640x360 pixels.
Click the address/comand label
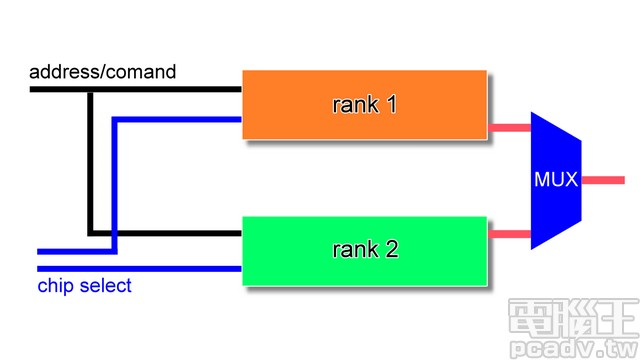pyautogui.click(x=103, y=72)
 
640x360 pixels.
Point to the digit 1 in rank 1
pyautogui.click(x=391, y=104)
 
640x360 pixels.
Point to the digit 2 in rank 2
pyautogui.click(x=392, y=249)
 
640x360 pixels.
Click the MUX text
pyautogui.click(x=556, y=181)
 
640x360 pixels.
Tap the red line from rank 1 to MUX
pyautogui.click(x=508, y=128)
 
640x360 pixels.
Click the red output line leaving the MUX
pyautogui.click(x=603, y=181)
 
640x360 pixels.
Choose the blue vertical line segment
pyautogui.click(x=115, y=185)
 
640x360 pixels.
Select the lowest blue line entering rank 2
pyautogui.click(x=140, y=268)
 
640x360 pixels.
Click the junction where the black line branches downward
pyautogui.click(x=90, y=90)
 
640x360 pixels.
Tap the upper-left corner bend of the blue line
pyautogui.click(x=115, y=120)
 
